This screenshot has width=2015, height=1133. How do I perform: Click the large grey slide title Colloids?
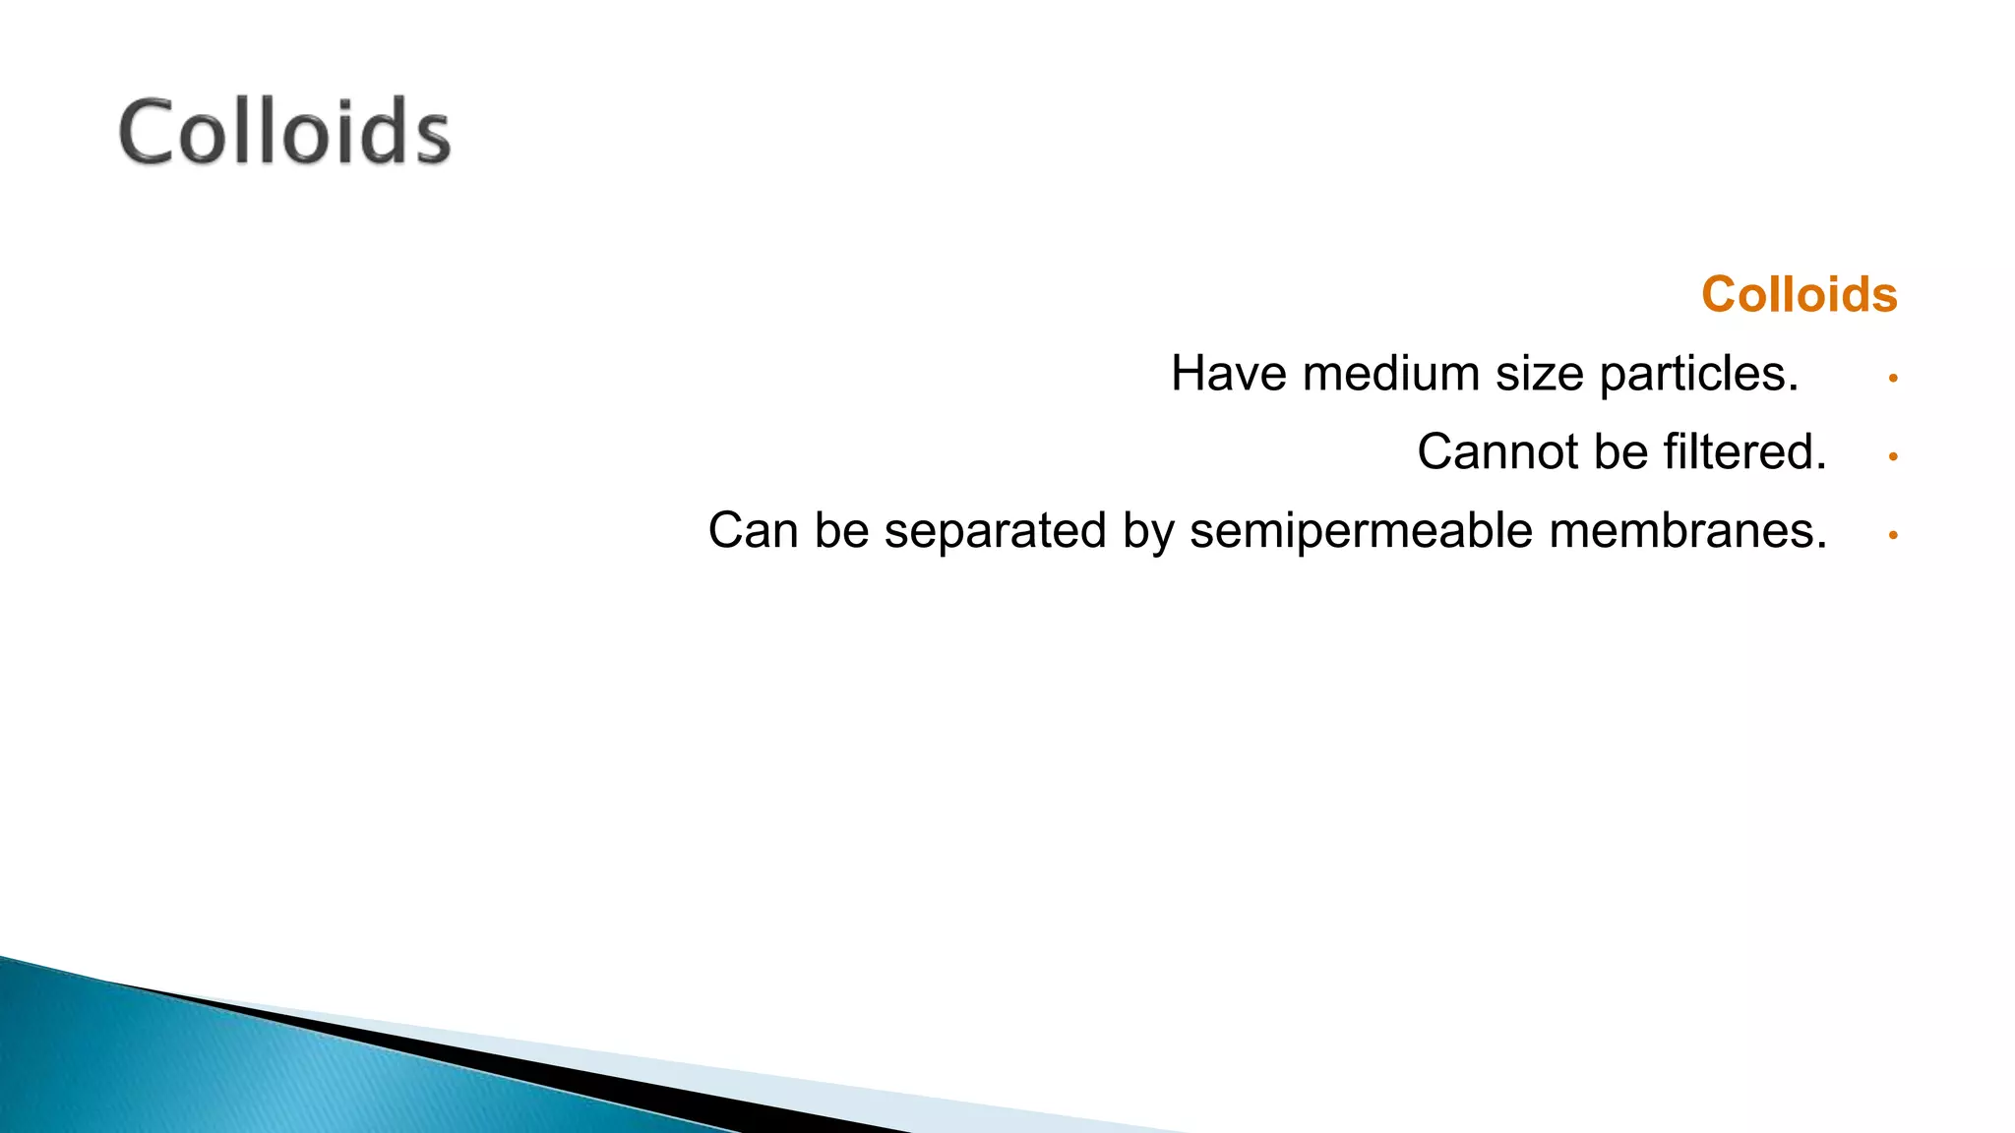[x=284, y=132]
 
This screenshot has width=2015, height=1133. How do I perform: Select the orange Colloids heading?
[x=1799, y=294]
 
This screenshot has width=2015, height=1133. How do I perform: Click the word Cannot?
[x=1496, y=452]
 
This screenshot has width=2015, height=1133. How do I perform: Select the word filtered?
[x=1744, y=452]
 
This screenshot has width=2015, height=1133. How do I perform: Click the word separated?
[x=995, y=533]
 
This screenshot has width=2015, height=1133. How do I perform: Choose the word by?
[x=1148, y=533]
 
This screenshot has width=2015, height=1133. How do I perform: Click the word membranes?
[x=1687, y=531]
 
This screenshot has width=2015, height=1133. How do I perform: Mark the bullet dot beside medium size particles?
[x=1893, y=378]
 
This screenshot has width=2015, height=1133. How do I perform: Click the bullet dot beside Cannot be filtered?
[x=1893, y=456]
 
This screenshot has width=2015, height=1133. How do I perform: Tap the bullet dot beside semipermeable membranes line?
[x=1893, y=535]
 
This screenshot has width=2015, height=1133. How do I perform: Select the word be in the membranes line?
[x=841, y=531]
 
